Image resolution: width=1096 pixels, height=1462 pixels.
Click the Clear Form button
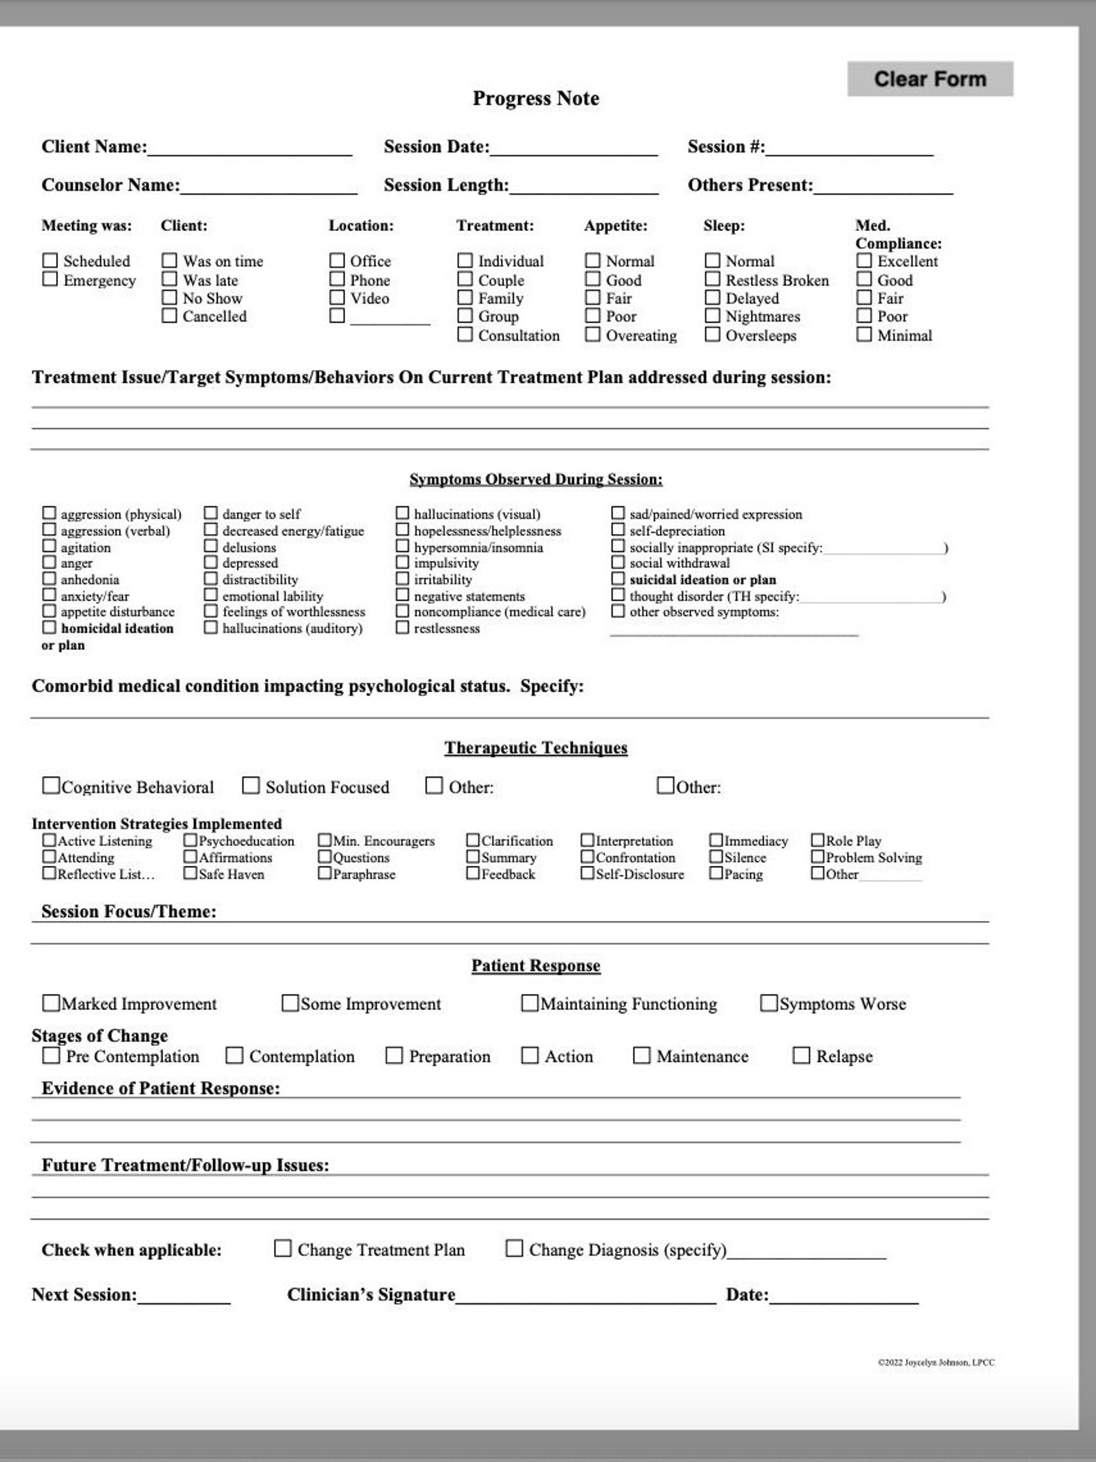pos(930,79)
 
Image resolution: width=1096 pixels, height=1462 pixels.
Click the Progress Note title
pos(536,98)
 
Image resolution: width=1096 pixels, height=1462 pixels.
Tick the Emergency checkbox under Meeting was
pos(50,279)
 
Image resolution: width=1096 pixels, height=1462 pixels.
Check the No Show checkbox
pos(169,297)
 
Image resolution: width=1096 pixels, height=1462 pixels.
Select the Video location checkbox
pos(337,297)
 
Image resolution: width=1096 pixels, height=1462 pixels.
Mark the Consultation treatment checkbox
pos(465,335)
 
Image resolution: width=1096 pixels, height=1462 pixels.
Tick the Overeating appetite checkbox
pos(593,335)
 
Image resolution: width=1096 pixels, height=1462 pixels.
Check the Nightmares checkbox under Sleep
pos(712,315)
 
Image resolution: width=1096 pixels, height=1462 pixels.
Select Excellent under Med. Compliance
pos(864,260)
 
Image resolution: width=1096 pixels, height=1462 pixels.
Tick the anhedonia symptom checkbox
pos(49,579)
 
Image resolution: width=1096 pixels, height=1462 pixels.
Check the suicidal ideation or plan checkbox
pos(618,579)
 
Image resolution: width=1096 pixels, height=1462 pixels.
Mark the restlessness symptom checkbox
pos(402,628)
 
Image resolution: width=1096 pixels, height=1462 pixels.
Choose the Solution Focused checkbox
pos(251,786)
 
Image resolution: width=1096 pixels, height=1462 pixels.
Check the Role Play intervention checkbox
pos(818,840)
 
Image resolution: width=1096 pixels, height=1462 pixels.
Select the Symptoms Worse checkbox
pos(768,1002)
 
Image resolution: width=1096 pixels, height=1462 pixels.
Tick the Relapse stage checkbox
pos(801,1056)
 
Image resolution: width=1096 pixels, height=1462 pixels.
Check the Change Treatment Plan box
pos(283,1249)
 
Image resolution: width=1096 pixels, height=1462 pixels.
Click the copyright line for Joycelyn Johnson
pos(936,1363)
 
